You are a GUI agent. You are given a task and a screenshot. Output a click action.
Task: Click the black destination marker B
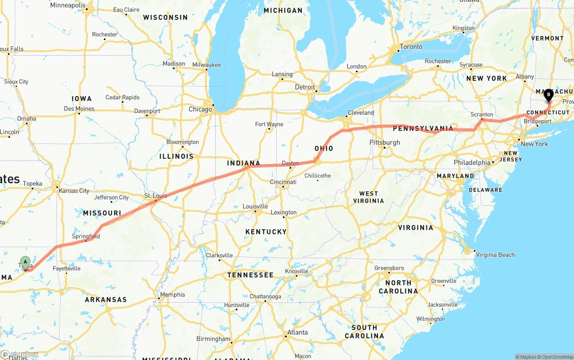[x=548, y=95]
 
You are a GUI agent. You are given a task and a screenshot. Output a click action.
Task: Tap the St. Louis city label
[x=156, y=196]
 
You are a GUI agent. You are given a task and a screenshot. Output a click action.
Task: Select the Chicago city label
[x=200, y=109]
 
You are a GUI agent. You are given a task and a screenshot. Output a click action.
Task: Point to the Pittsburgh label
[x=385, y=143]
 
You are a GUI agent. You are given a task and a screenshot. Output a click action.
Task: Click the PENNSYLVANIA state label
[x=423, y=129]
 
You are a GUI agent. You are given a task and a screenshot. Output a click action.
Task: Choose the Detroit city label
[x=304, y=87]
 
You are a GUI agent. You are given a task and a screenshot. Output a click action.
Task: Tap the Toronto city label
[x=411, y=47]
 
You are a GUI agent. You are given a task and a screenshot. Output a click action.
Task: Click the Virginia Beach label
[x=495, y=255]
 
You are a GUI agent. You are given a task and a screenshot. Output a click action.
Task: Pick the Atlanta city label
[x=298, y=332]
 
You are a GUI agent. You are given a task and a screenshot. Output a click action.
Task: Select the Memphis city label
[x=173, y=295]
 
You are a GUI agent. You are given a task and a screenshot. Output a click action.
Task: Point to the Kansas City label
[x=74, y=191]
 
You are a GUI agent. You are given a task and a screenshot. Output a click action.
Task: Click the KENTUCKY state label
[x=266, y=231]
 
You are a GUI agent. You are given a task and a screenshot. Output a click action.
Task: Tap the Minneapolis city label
[x=68, y=5]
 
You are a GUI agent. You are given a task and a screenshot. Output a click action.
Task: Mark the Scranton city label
[x=482, y=114]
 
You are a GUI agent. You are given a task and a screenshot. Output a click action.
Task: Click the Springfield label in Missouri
[x=86, y=236]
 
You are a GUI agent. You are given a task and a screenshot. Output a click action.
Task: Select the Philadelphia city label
[x=471, y=162]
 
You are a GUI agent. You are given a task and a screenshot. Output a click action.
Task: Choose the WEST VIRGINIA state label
[x=369, y=197]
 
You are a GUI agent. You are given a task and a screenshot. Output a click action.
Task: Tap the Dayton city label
[x=290, y=163]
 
